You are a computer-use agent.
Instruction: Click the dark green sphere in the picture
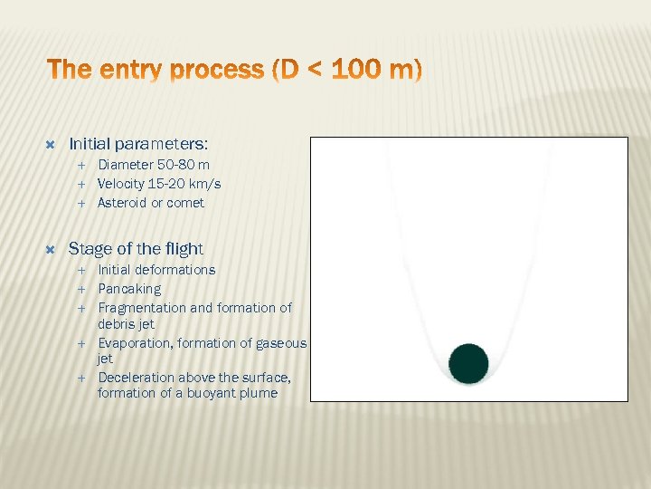468,363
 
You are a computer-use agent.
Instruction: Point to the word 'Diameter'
127,165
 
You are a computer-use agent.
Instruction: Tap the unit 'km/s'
202,184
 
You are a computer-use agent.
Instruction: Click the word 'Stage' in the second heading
89,248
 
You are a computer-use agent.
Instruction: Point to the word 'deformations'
177,270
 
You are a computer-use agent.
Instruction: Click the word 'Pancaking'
129,289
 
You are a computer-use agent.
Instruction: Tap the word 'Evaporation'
136,343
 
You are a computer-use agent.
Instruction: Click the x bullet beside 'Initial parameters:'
51,144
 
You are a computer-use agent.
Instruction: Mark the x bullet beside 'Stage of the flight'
51,248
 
